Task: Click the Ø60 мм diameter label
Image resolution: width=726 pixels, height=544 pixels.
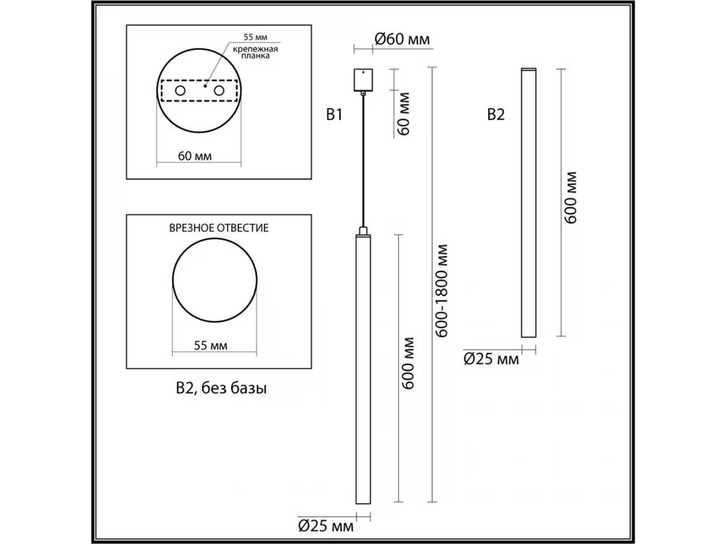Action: [x=402, y=39]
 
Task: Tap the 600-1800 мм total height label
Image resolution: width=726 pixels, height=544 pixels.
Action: [x=442, y=291]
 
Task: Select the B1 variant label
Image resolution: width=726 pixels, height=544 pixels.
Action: [x=335, y=115]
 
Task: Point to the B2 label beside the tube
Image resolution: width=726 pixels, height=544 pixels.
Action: [x=495, y=115]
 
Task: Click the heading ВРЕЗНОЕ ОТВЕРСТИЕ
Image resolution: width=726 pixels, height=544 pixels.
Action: [x=219, y=228]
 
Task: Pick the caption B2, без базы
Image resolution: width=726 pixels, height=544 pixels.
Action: [x=221, y=389]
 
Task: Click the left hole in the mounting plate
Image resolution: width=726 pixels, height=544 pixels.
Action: [x=180, y=90]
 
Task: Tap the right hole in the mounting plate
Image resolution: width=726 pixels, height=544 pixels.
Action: [x=219, y=90]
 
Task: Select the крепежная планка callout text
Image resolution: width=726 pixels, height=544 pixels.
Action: [x=255, y=53]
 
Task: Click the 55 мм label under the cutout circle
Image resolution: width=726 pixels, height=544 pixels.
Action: [x=211, y=346]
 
